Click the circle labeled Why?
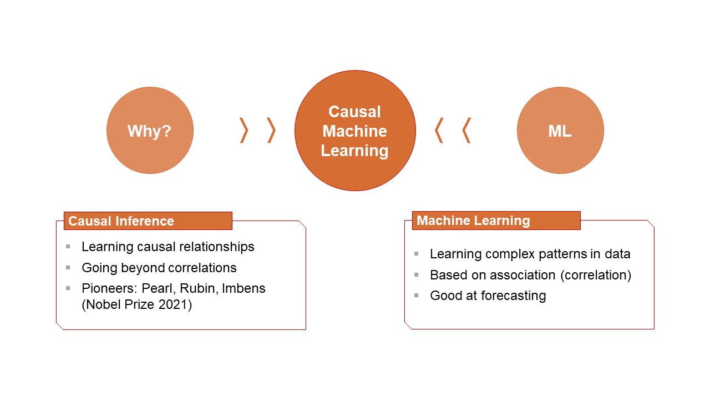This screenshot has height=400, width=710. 150,131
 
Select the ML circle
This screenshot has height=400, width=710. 560,131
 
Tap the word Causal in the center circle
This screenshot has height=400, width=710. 354,112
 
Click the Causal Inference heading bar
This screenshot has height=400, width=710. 148,221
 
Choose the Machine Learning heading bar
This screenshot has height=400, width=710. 496,221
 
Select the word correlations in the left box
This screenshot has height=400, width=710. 202,268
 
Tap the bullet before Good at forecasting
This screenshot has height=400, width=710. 417,296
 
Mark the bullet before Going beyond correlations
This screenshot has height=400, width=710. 68,268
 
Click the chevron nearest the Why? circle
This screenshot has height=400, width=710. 244,131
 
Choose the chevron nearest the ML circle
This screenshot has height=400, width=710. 466,131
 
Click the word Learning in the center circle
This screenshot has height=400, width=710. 354,151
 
